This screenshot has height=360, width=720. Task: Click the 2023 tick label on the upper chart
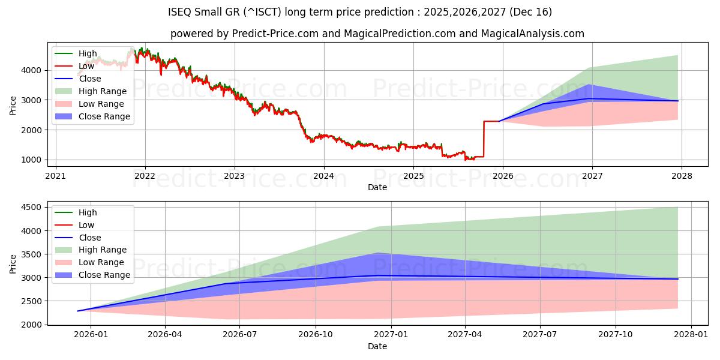click(x=234, y=176)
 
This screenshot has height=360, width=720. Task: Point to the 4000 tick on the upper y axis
click(x=32, y=70)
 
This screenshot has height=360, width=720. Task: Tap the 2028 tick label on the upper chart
click(x=682, y=176)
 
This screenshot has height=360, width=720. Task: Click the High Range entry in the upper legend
click(x=103, y=91)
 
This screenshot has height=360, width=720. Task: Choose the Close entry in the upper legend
click(x=90, y=79)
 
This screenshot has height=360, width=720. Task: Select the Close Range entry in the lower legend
click(x=104, y=275)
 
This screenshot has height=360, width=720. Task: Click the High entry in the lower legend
click(x=88, y=212)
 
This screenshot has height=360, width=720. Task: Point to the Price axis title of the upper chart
click(x=13, y=105)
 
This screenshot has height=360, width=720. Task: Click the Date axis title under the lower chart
click(x=377, y=346)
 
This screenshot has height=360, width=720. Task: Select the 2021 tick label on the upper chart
click(x=56, y=176)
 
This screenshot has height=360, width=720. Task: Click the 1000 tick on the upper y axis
click(x=32, y=160)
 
